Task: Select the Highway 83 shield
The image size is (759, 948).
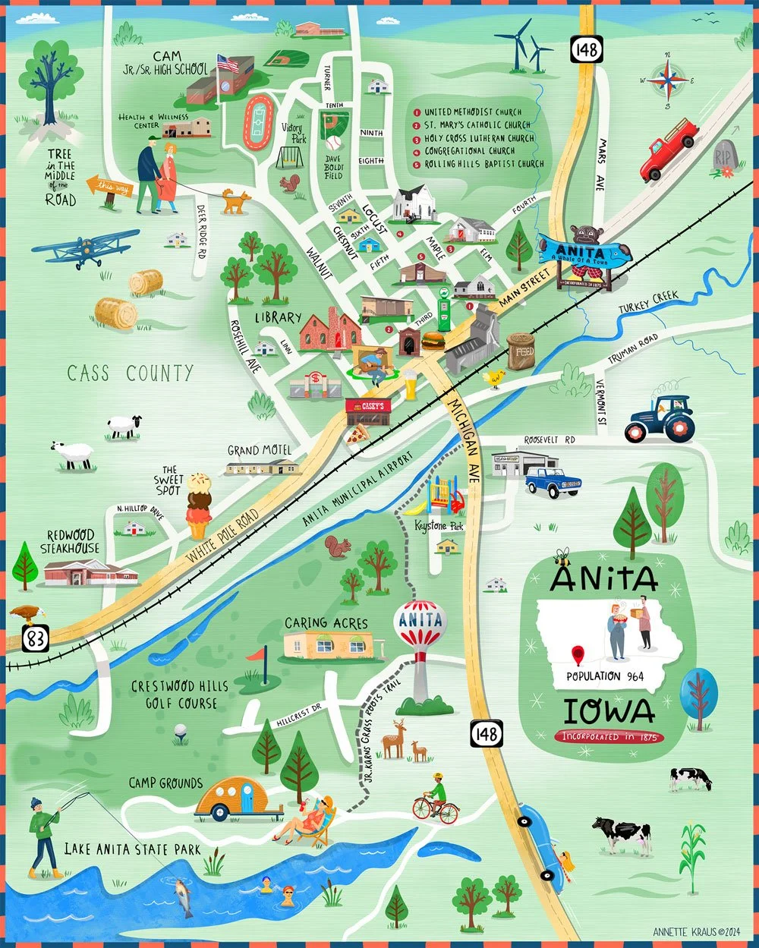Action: coord(35,639)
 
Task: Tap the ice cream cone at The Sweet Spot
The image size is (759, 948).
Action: coord(198,505)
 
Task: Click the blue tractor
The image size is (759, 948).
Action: coord(660,419)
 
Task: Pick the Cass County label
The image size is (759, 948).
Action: coord(130,373)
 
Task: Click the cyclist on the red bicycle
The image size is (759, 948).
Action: coord(436,800)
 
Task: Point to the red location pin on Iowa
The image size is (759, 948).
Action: coord(578,654)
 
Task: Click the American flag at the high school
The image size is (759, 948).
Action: coord(227,63)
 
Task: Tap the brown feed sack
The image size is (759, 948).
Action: coord(521,351)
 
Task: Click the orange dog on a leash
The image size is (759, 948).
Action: coord(236,201)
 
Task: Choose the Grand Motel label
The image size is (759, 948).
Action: coord(260,450)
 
